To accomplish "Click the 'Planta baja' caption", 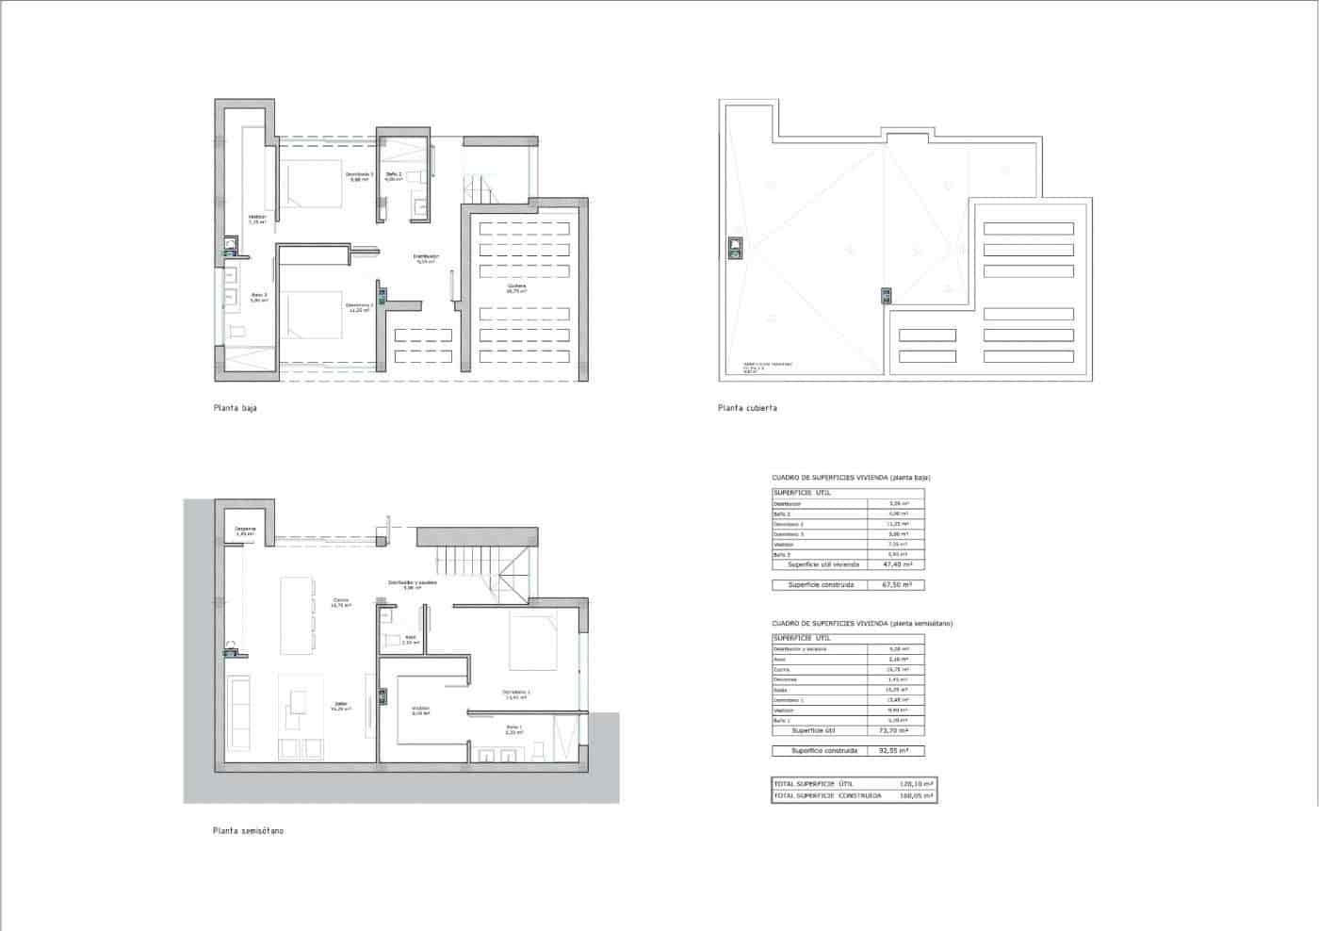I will pyautogui.click(x=235, y=409).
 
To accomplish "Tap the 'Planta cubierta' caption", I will pyautogui.click(x=747, y=409).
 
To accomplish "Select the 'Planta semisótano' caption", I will pyautogui.click(x=248, y=831).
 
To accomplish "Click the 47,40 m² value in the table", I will pyautogui.click(x=894, y=564).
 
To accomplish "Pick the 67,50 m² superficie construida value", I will pyautogui.click(x=894, y=585).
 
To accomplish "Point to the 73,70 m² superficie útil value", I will pyautogui.click(x=894, y=730).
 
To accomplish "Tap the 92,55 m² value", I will pyautogui.click(x=894, y=751).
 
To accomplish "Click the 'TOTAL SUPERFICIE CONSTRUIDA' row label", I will pyautogui.click(x=827, y=796).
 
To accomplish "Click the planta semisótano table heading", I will pyautogui.click(x=861, y=624).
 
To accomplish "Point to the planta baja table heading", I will pyautogui.click(x=851, y=478).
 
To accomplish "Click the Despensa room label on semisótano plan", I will pyautogui.click(x=246, y=530).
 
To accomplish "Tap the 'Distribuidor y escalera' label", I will pyautogui.click(x=412, y=583).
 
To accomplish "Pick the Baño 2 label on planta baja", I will pyautogui.click(x=393, y=175).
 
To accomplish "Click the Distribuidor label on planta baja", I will pyautogui.click(x=427, y=256).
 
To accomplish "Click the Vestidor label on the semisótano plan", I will pyautogui.click(x=420, y=710).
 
